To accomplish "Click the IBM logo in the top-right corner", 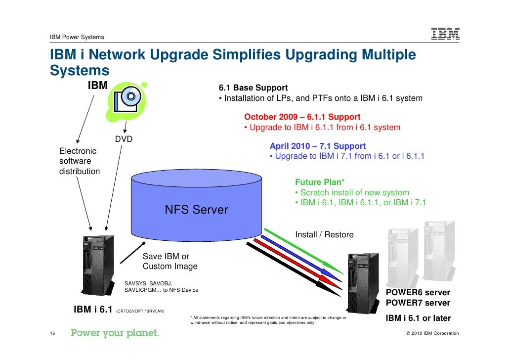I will [x=445, y=34].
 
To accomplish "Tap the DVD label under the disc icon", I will [x=124, y=139].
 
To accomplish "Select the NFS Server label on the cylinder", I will [x=196, y=210].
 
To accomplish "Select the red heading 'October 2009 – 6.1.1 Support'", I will [x=302, y=117].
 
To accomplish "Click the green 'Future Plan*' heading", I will [x=320, y=182].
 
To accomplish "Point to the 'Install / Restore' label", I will [x=324, y=234].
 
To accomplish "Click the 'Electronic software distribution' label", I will [x=79, y=161].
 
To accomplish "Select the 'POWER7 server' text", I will [x=418, y=303].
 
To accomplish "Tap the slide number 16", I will [x=53, y=333].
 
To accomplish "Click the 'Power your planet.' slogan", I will [x=115, y=333].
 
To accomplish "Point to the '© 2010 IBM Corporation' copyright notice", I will [x=432, y=333].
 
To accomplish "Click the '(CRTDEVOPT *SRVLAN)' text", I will [x=140, y=312].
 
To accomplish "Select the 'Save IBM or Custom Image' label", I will [x=170, y=262].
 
